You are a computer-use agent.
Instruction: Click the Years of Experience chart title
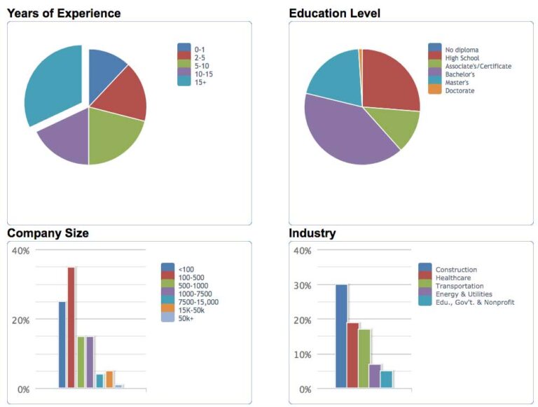[x=64, y=13]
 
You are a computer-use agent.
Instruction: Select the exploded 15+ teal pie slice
[x=50, y=84]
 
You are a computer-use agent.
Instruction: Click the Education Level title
[x=334, y=13]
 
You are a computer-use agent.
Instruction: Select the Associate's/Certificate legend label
[x=478, y=66]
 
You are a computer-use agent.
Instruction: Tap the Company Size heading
[x=48, y=233]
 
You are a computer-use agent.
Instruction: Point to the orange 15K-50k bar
[x=109, y=379]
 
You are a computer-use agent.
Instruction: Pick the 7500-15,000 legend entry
[x=198, y=302]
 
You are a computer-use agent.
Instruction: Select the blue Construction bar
[x=341, y=336]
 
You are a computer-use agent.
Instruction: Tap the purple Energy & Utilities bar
[x=374, y=376]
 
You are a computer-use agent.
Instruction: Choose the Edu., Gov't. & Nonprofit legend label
[x=475, y=303]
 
